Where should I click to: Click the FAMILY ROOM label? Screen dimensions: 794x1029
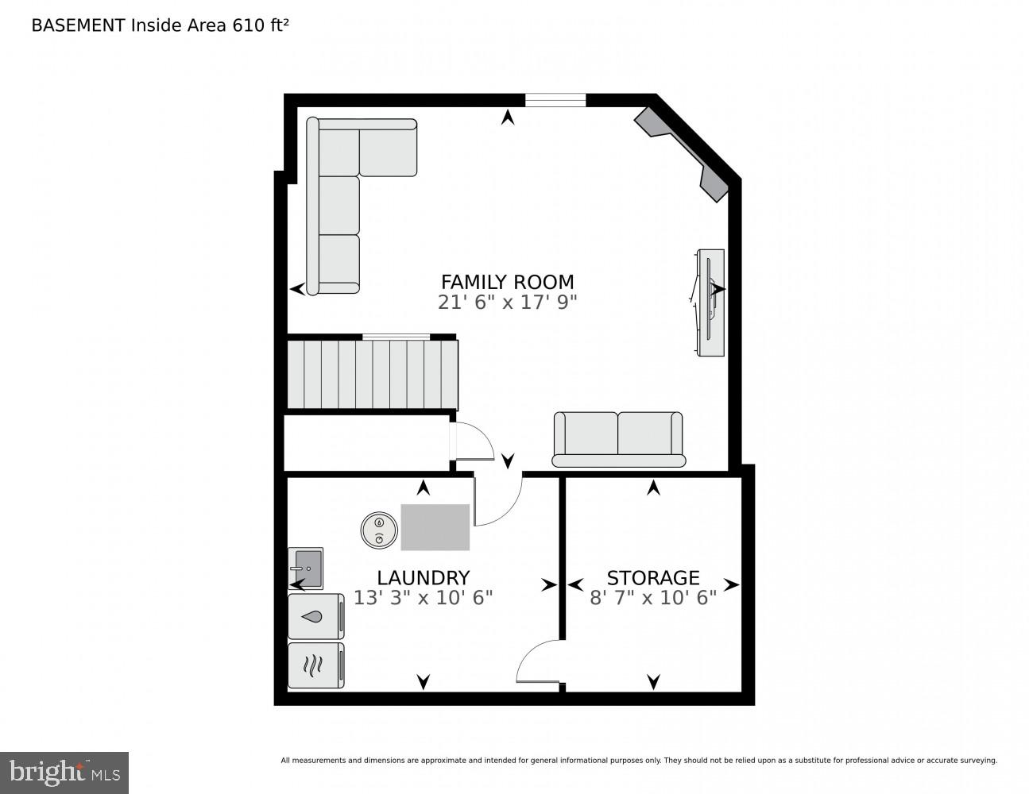[507, 282]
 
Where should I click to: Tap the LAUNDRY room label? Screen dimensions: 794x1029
[423, 577]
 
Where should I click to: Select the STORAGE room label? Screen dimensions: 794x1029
[653, 577]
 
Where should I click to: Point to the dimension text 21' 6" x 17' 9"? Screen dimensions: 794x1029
[507, 303]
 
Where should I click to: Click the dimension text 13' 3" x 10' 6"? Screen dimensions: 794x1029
[423, 598]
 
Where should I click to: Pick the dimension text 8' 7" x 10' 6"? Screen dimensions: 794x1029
[653, 598]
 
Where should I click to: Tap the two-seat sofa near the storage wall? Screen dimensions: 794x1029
[618, 439]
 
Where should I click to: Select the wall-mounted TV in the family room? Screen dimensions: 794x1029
[710, 303]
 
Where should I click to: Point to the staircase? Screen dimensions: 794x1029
[372, 373]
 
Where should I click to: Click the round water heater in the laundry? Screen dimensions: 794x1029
[379, 530]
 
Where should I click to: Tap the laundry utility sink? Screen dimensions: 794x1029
[306, 568]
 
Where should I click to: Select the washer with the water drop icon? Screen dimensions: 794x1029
[315, 616]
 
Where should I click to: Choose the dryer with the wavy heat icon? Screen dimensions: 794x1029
[315, 665]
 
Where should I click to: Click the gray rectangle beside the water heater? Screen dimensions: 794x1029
[435, 527]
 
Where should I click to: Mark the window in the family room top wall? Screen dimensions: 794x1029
[555, 100]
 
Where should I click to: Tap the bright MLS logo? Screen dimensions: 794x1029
[64, 773]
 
